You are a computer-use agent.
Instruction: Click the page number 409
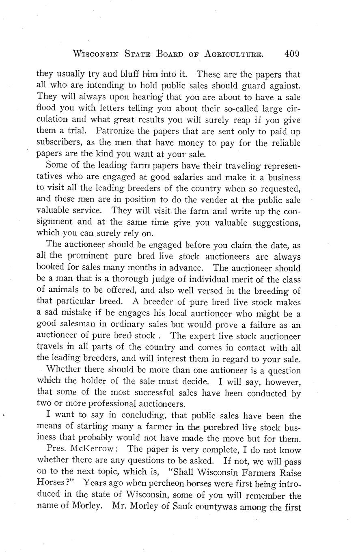(292, 54)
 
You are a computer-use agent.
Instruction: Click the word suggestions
(271, 222)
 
